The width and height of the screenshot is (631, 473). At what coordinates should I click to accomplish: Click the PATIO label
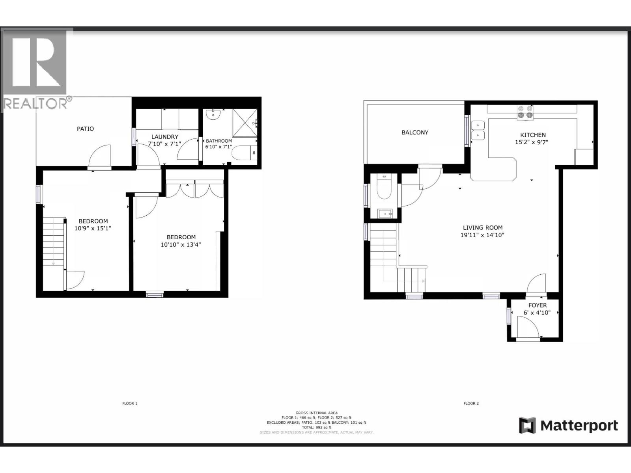(x=85, y=129)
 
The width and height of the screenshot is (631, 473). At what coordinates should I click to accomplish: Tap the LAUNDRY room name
(x=165, y=137)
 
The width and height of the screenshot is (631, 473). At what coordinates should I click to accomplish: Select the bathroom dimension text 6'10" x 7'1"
(x=218, y=147)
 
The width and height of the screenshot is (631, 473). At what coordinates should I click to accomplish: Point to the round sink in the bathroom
(x=215, y=114)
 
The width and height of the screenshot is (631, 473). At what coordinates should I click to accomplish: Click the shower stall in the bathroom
(x=245, y=123)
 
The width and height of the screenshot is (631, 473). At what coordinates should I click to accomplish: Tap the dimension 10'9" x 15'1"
(x=93, y=228)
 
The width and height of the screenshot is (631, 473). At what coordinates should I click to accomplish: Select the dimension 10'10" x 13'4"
(x=181, y=244)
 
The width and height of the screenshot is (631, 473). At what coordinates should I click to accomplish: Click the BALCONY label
(x=414, y=132)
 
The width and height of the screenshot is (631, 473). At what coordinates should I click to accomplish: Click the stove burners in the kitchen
(x=525, y=112)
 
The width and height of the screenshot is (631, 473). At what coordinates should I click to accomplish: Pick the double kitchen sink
(x=478, y=130)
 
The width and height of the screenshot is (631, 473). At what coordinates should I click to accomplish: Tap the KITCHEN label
(x=533, y=135)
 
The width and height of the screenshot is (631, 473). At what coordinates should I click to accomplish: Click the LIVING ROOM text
(x=482, y=227)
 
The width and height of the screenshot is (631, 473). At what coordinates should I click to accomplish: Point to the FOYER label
(x=537, y=305)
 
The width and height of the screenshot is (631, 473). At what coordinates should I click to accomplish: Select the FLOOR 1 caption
(x=130, y=403)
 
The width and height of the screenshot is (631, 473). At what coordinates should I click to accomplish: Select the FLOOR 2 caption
(x=471, y=403)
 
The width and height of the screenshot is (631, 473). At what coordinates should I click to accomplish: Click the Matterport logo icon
(x=527, y=425)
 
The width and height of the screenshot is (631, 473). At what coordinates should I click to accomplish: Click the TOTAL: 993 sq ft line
(x=316, y=427)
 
